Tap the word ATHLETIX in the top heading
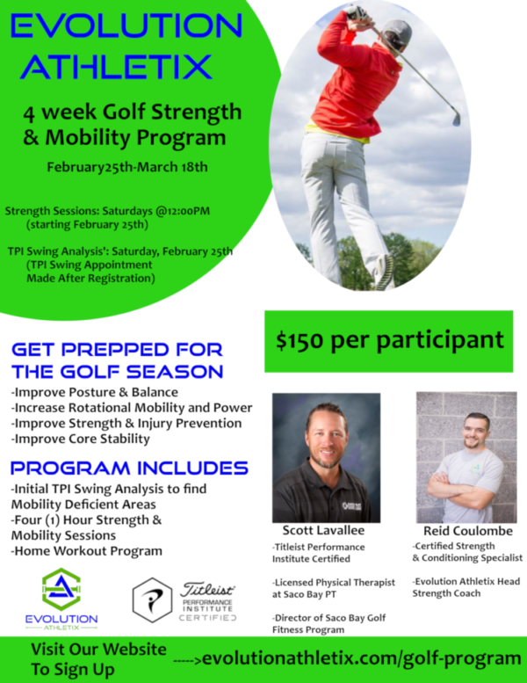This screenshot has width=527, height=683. [117, 66]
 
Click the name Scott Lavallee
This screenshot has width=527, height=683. [324, 530]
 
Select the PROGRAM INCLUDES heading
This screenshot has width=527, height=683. [129, 467]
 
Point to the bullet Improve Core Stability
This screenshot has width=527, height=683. [80, 439]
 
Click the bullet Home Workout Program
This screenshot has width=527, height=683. [86, 551]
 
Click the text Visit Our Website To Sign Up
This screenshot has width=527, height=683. [98, 658]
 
